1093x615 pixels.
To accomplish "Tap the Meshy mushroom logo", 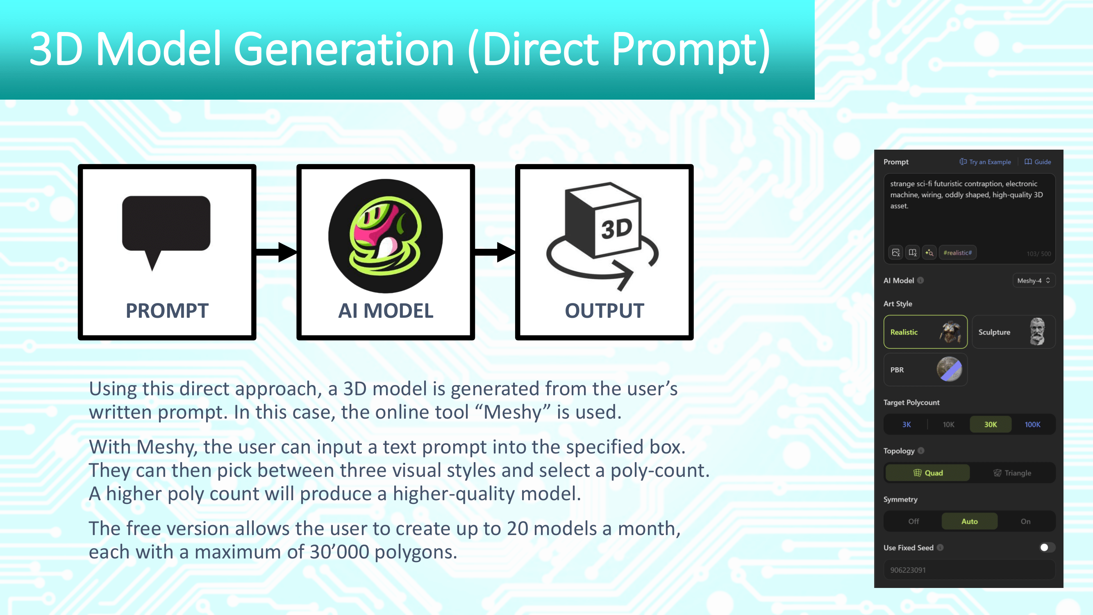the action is (x=385, y=236).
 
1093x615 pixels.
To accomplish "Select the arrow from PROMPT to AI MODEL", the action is (x=277, y=252).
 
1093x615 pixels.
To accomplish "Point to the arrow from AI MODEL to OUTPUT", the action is (x=495, y=252).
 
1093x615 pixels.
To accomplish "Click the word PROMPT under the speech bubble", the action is (x=167, y=311).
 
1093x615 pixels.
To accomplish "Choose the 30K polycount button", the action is (x=990, y=424).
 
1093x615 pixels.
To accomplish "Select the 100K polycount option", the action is (x=1032, y=424).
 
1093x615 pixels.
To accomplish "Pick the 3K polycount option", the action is (x=906, y=424).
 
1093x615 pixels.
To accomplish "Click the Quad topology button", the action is (x=927, y=473).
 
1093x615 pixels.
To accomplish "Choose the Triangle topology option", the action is (x=1012, y=473).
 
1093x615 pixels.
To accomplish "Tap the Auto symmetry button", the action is (x=970, y=521).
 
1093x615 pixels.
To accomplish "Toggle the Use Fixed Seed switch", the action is (x=1047, y=547).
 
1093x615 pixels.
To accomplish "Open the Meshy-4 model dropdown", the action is (x=1034, y=280).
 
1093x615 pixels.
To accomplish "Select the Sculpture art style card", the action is (x=1013, y=332).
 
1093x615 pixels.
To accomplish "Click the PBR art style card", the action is (x=925, y=370).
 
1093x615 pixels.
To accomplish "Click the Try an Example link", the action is (x=985, y=162).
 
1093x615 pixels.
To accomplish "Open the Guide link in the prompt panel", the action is (x=1038, y=162).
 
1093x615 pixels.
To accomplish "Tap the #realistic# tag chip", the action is (x=958, y=253).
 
